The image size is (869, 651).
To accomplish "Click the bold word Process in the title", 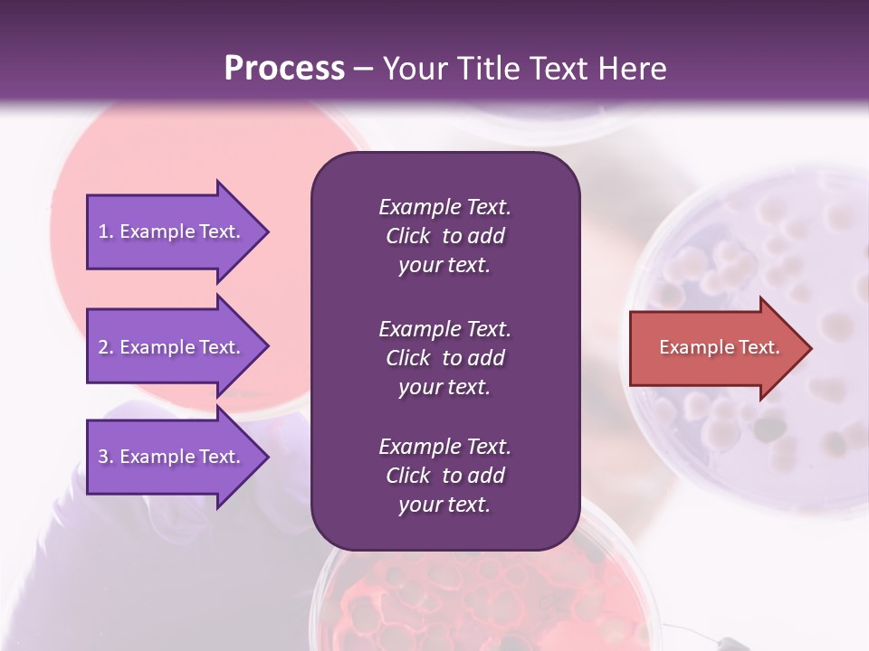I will [284, 69].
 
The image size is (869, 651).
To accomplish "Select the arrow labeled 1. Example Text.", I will [172, 231].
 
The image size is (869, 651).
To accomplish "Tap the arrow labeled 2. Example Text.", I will [172, 347].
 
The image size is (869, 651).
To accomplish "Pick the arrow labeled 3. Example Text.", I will [172, 457].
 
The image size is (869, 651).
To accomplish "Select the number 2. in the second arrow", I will [106, 347].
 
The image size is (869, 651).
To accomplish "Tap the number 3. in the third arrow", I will [106, 457].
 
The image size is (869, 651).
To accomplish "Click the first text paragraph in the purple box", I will [444, 236].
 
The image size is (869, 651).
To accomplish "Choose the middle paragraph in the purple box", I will [444, 358].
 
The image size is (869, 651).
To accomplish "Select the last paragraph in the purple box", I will [444, 476].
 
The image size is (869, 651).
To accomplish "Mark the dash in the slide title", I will [363, 70].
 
